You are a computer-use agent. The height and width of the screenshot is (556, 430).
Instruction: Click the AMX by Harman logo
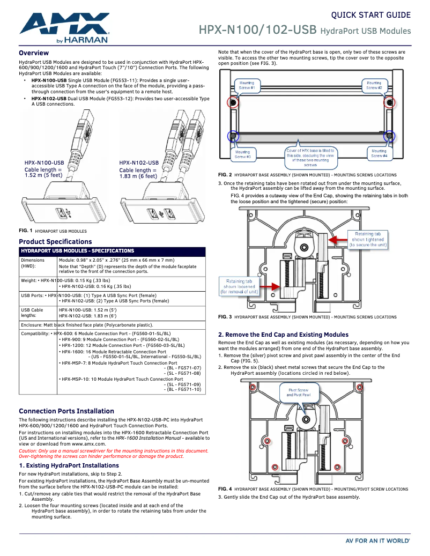point(64,27)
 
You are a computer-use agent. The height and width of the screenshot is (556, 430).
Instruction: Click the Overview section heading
point(34,53)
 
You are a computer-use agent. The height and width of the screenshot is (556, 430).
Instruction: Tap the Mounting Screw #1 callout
point(247,85)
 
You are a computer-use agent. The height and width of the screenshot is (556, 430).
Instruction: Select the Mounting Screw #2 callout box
point(374,85)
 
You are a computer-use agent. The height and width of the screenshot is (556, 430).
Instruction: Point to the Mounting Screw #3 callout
point(242,154)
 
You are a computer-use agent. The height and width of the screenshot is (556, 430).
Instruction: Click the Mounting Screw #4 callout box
point(379,154)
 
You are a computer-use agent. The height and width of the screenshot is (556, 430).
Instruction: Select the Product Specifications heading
point(55,242)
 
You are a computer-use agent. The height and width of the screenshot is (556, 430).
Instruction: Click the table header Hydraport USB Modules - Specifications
point(77,251)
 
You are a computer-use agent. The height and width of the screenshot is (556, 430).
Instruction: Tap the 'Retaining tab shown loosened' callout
point(239,286)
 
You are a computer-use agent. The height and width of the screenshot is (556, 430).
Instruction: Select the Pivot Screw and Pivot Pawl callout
point(299,392)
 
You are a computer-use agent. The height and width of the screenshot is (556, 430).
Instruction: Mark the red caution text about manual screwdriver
point(113,454)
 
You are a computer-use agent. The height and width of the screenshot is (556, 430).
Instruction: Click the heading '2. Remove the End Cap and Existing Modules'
point(283,335)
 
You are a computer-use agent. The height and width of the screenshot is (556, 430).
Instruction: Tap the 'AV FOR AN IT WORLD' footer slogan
point(377,541)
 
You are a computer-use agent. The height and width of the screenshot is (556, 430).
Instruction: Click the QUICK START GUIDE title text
point(370,15)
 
